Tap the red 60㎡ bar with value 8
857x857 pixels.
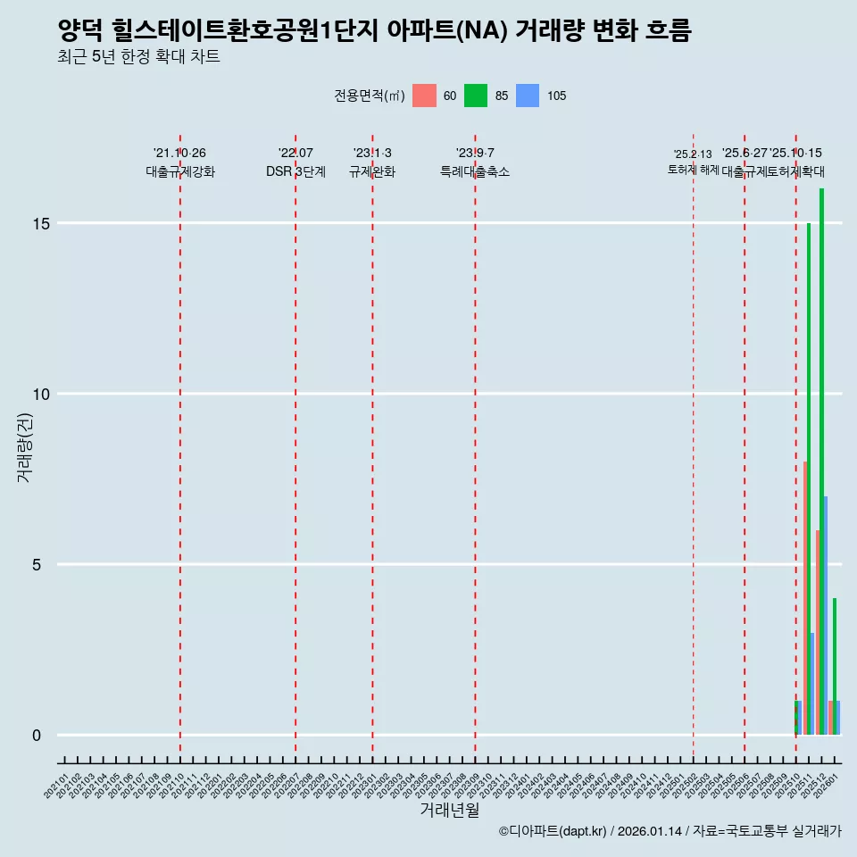click(805, 598)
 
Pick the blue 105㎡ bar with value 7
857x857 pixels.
click(826, 616)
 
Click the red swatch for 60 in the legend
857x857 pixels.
click(425, 96)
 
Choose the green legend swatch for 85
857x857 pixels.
click(476, 96)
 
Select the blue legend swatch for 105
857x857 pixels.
click(528, 96)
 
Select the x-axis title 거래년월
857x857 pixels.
click(450, 811)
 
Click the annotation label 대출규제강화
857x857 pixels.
click(180, 171)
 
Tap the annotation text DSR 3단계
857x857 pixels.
click(295, 171)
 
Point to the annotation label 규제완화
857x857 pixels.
click(372, 171)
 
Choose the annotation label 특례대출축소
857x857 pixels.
click(475, 171)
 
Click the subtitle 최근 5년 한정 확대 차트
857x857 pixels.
click(138, 57)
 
